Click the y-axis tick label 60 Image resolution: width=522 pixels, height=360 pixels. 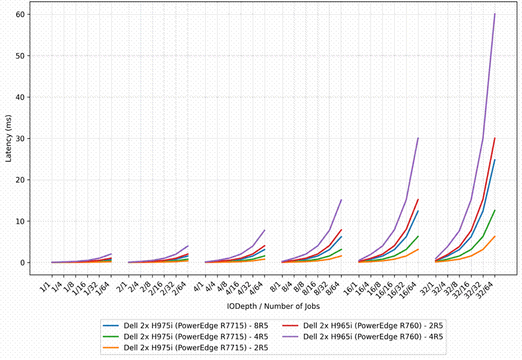click(20, 14)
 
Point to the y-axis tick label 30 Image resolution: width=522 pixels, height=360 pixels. click(20, 138)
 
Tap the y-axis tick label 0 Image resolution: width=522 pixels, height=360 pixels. click(23, 262)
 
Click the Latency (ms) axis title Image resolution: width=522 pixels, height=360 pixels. click(8, 139)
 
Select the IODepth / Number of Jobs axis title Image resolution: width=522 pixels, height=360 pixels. click(273, 306)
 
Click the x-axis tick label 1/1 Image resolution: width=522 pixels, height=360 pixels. click(46, 287)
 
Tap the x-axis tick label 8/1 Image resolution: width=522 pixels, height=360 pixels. click(276, 287)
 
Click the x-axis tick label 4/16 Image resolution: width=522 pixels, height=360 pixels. click(232, 289)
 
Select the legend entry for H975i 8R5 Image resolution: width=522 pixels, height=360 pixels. click(185, 325)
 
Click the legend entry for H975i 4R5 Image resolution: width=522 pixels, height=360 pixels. click(185, 337)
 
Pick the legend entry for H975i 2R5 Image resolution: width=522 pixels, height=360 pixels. click(185, 348)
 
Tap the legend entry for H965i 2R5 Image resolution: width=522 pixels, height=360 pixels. click(363, 325)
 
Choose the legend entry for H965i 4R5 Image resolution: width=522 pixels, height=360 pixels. click(363, 337)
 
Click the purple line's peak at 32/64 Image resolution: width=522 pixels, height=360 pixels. click(495, 14)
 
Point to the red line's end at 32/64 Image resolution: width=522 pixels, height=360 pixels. click(495, 138)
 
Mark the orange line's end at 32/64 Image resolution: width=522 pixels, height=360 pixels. click(495, 236)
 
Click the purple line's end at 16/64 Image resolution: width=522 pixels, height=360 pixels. click(418, 138)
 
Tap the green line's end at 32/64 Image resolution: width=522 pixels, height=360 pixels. click(495, 210)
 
